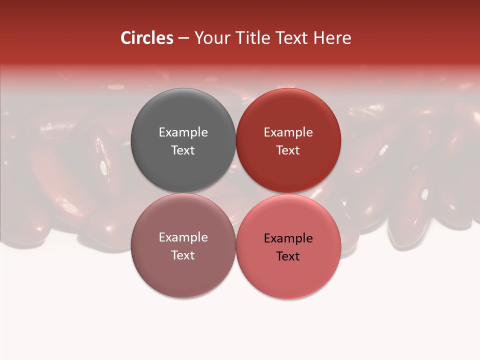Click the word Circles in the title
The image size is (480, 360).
point(146,38)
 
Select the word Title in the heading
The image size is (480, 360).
point(252,38)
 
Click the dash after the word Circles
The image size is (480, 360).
point(183,38)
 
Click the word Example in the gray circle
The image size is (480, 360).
point(183,132)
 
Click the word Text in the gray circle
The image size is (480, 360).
point(183,150)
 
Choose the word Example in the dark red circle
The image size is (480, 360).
point(288,132)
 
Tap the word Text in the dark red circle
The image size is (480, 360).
point(288,150)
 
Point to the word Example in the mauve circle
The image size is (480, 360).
point(183,237)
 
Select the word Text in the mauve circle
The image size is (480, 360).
point(183,255)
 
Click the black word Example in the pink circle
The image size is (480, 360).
point(288,238)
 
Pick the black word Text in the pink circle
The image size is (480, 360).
point(288,256)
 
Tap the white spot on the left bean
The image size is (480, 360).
point(103,167)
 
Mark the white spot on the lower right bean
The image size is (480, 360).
point(425,193)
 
